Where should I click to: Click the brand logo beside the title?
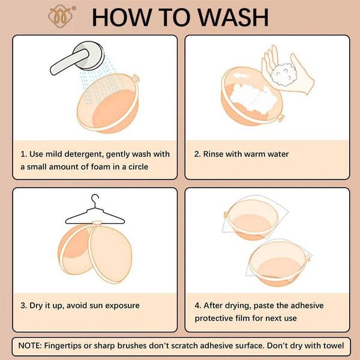tap(61, 17)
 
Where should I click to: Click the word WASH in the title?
tap(233, 17)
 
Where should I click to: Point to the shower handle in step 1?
tap(68, 62)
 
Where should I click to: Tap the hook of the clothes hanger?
tap(95, 200)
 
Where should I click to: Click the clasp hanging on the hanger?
tap(97, 224)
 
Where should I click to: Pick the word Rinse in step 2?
tap(213, 154)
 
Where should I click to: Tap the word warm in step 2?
tap(254, 154)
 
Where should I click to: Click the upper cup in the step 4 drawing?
tap(252, 220)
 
